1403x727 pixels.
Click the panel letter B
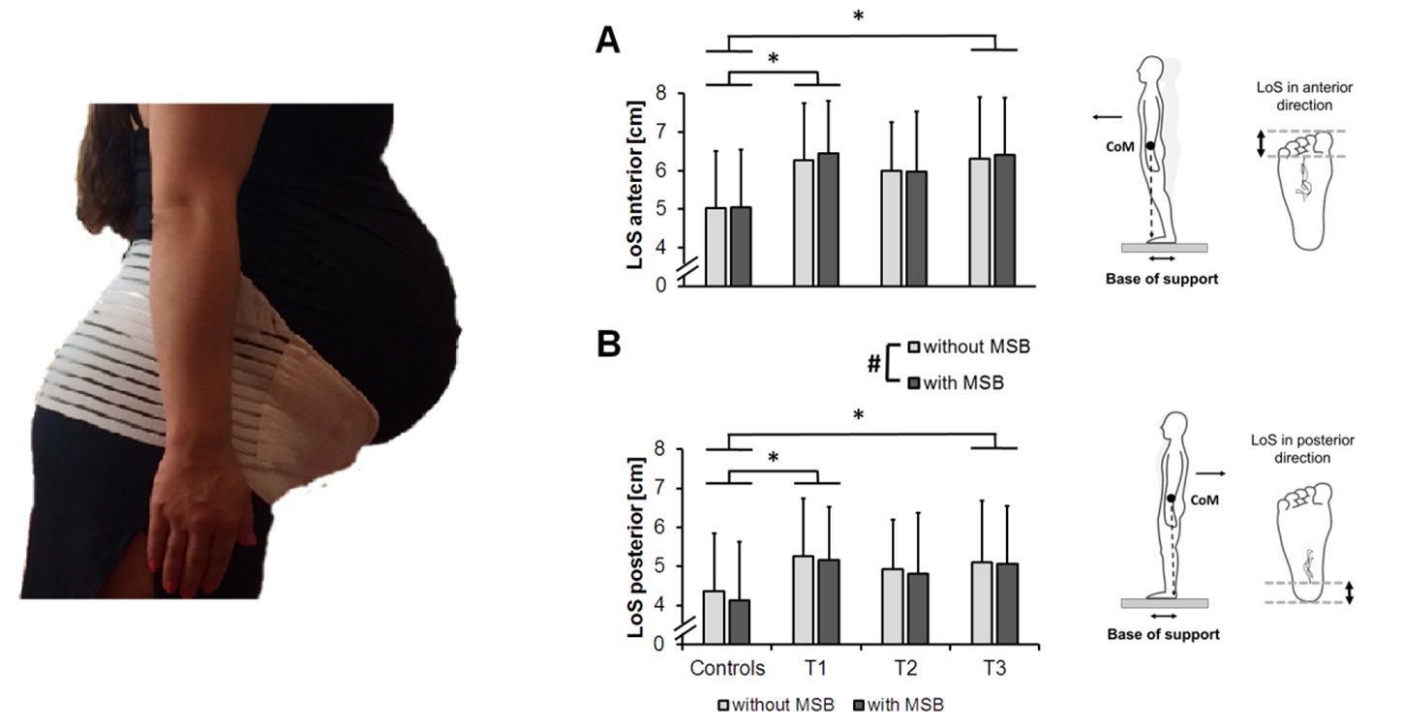pos(609,345)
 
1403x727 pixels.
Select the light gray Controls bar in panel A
pos(716,247)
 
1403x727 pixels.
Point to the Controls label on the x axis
pos(727,669)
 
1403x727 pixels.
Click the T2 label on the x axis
pos(904,669)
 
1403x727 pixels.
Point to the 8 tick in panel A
pos(660,94)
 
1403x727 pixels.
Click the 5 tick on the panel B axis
pos(660,566)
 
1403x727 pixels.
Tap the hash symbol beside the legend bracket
pos(872,365)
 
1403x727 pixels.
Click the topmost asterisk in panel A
pos(858,17)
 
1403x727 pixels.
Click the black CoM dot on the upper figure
pos(1149,146)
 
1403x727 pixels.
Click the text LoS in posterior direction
pos(1313,448)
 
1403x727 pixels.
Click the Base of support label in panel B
pos(1163,635)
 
